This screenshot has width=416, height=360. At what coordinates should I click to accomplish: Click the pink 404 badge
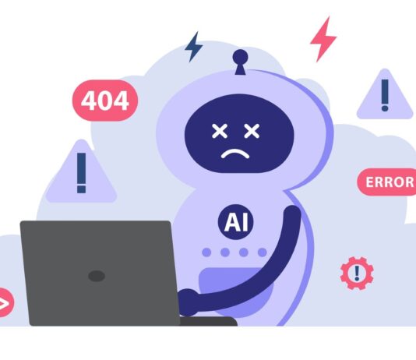point(105,101)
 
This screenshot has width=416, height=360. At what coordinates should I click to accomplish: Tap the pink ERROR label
point(387,182)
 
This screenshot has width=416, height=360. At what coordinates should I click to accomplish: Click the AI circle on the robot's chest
point(235,222)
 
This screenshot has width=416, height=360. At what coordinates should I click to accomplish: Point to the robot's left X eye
point(220,131)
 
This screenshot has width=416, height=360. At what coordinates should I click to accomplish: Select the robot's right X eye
point(252,131)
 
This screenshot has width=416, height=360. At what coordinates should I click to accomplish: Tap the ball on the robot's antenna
point(241,57)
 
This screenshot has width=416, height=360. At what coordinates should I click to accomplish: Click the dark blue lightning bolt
point(194,47)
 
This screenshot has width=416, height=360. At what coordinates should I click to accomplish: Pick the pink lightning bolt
point(323,39)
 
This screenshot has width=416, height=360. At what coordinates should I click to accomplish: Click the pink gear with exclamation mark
point(357,273)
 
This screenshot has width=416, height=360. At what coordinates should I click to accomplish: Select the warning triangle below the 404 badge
point(81,172)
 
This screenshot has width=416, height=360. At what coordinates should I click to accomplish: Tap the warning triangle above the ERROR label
point(385,95)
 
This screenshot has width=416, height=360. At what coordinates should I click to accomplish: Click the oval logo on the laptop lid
point(97,276)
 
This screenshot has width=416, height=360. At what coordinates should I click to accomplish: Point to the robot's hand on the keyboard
point(188,302)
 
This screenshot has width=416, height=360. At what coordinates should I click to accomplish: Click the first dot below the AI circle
point(206,252)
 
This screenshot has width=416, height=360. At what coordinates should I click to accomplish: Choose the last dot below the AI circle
point(263,252)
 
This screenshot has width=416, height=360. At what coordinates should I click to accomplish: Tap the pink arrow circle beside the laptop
point(5,302)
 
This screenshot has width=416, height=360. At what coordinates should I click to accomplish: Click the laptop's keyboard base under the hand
point(208,321)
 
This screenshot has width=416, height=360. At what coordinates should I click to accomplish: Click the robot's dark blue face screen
point(239,133)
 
